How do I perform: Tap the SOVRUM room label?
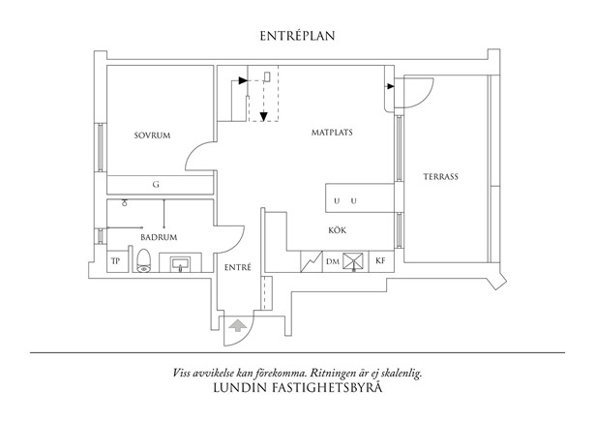point(152,135)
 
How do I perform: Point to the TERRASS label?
point(440,177)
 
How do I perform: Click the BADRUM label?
point(157,236)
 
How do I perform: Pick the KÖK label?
point(339,229)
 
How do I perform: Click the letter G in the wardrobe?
point(156,184)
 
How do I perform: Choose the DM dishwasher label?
point(332,262)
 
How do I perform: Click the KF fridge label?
point(380,262)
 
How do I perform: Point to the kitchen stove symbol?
point(353,261)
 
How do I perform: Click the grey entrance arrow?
point(235,326)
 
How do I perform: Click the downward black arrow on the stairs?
point(263,107)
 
